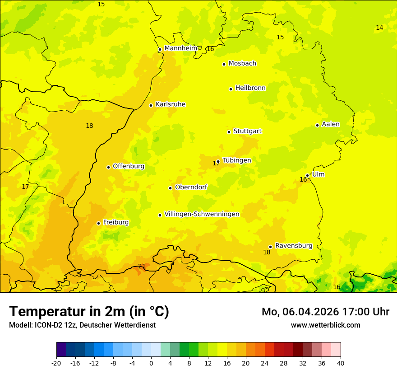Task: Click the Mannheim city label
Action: tap(180, 48)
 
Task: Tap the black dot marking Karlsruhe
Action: tap(151, 105)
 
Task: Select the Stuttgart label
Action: tap(247, 131)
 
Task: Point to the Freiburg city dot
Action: tap(98, 223)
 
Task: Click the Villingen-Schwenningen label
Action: tap(202, 214)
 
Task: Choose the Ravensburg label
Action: tap(294, 246)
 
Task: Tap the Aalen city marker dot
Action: tap(317, 125)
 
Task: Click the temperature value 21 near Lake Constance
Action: tap(142, 266)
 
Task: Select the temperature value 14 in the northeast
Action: tap(379, 28)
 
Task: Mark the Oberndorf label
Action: tap(191, 187)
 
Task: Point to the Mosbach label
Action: tap(242, 63)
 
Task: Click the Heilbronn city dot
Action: tap(231, 89)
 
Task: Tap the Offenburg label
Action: tap(129, 166)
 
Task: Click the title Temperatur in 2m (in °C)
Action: tap(89, 311)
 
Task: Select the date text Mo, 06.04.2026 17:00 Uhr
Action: tap(325, 312)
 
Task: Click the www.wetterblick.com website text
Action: tap(325, 325)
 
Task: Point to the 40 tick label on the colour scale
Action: tap(340, 363)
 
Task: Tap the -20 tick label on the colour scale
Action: tap(56, 363)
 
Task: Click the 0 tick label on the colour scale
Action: tap(151, 363)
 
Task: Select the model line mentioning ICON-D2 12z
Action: tap(82, 325)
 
